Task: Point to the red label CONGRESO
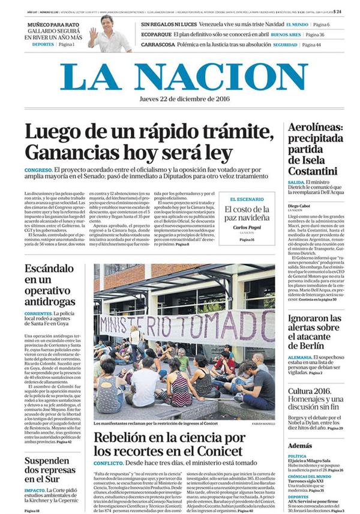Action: coord(38,171)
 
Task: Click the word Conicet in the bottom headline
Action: coord(215,450)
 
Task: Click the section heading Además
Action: coord(300,446)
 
